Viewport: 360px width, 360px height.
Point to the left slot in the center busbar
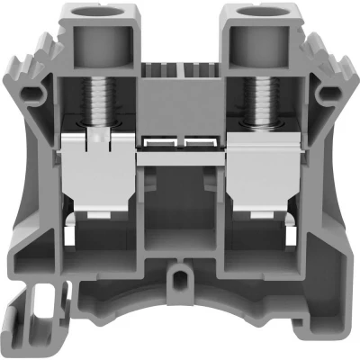163,143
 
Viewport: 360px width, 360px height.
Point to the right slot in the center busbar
197,143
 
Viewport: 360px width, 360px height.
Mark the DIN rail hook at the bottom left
27,319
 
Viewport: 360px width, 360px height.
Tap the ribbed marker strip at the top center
180,68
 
